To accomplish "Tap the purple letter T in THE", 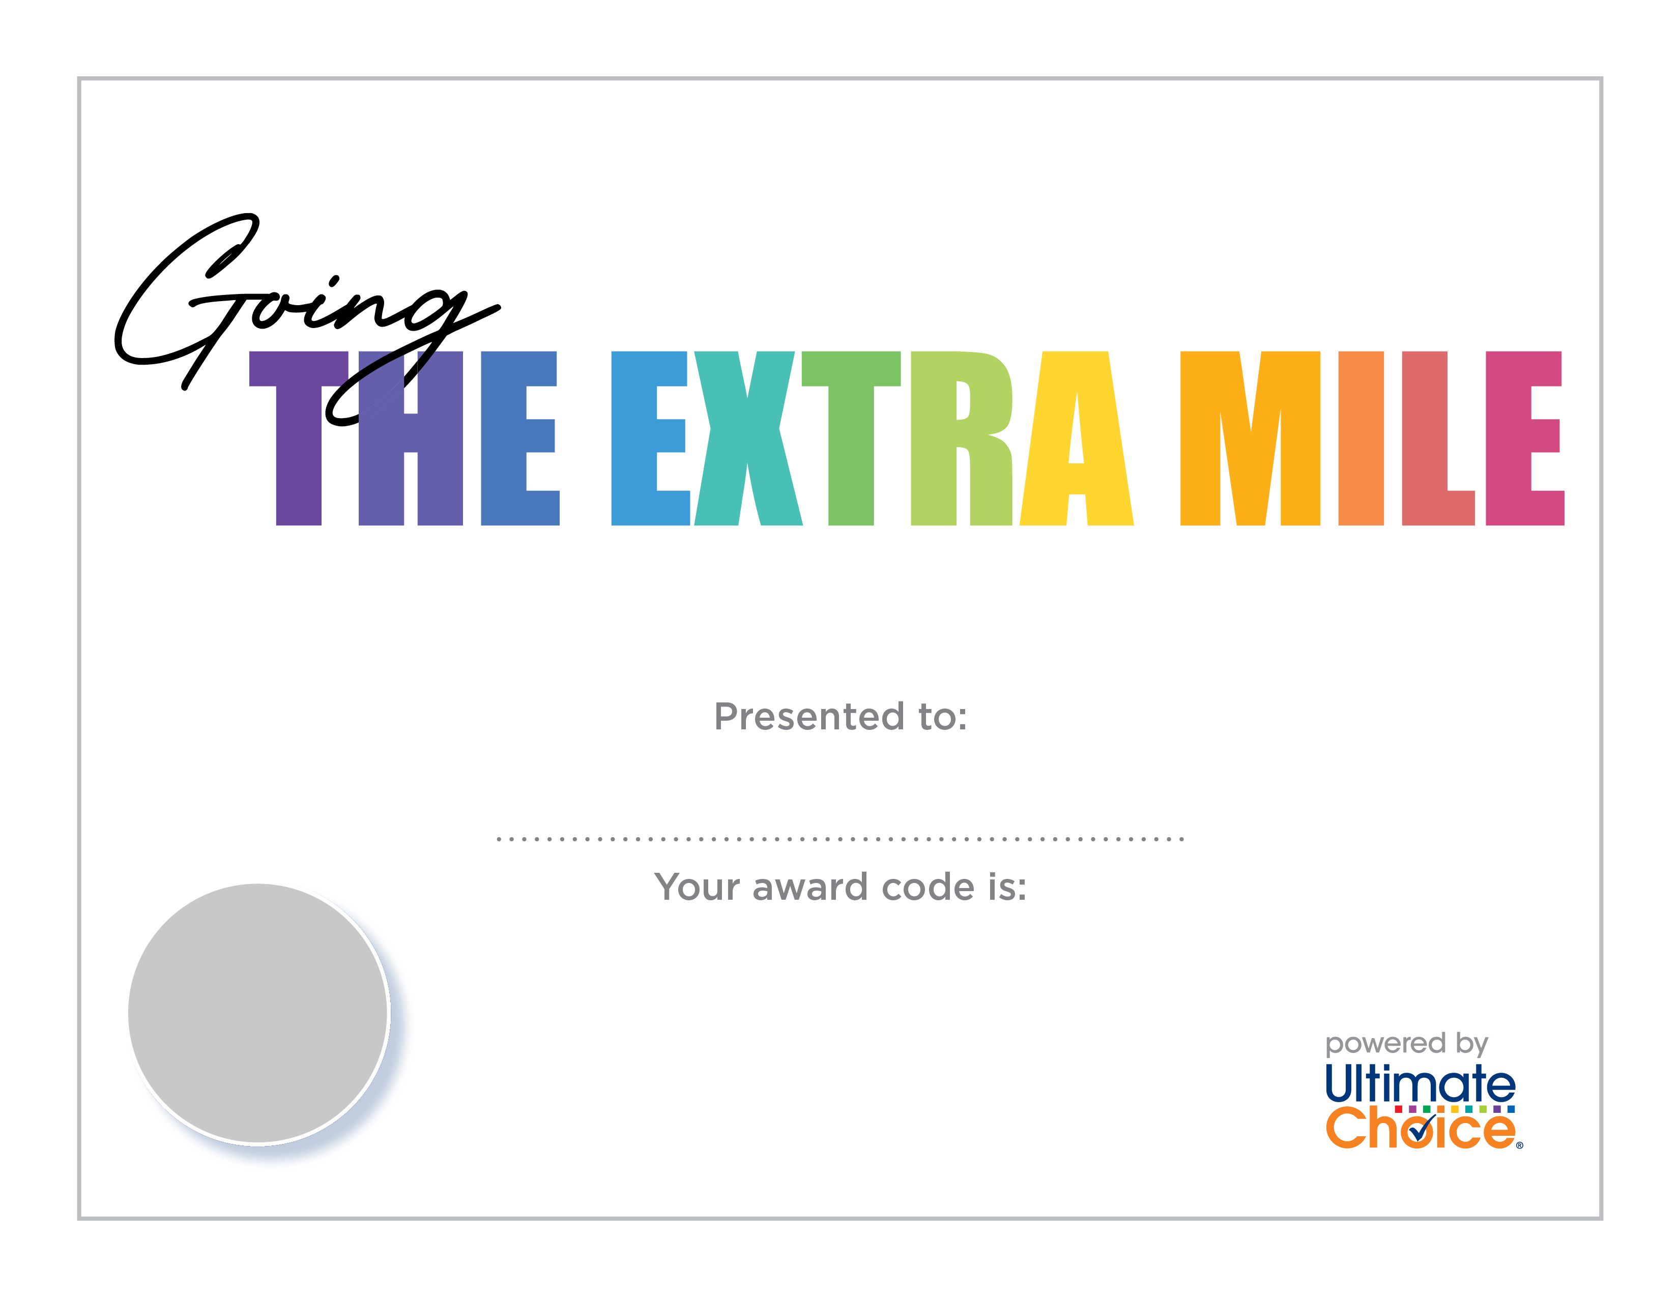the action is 298,438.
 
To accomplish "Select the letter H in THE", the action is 411,438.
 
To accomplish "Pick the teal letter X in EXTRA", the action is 748,438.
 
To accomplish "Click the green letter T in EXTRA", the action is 851,438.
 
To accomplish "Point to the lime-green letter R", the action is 961,438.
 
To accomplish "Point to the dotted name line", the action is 841,838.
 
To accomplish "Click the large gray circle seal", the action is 257,1014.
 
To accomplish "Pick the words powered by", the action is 1407,1044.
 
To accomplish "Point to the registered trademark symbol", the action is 1519,1145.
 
